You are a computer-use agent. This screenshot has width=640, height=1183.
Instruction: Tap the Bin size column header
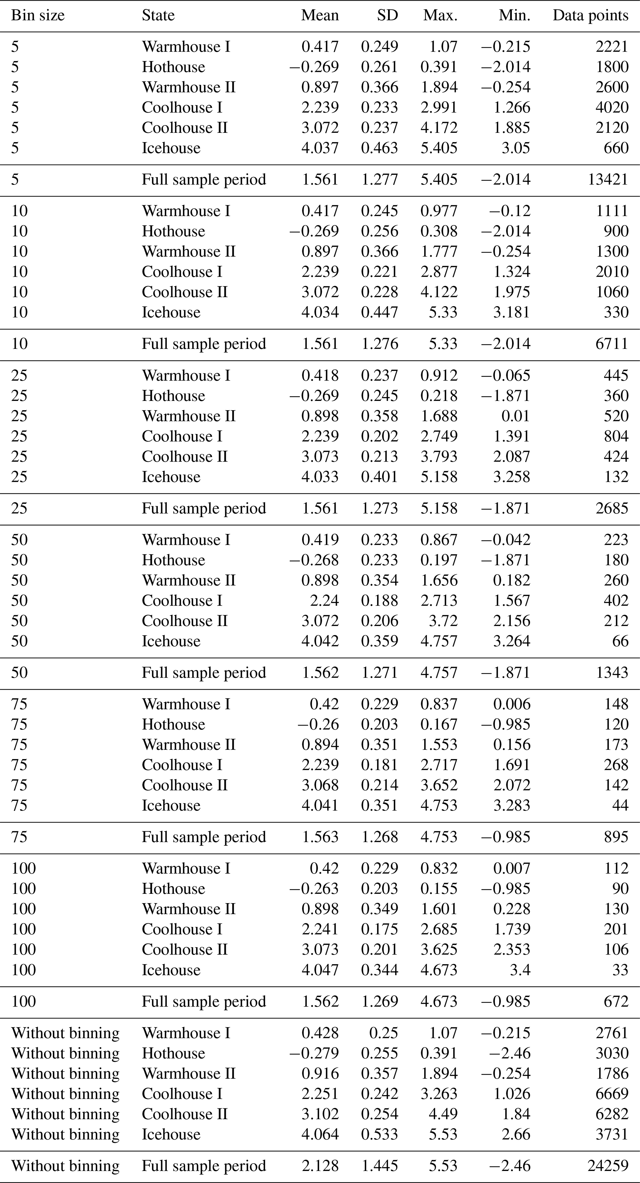38,15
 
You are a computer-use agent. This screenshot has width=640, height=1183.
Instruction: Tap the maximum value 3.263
439,1094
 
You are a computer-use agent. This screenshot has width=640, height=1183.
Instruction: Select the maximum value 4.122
439,292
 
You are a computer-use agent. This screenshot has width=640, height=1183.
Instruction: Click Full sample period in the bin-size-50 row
204,672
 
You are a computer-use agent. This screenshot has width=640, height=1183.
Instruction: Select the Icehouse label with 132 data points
171,477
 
